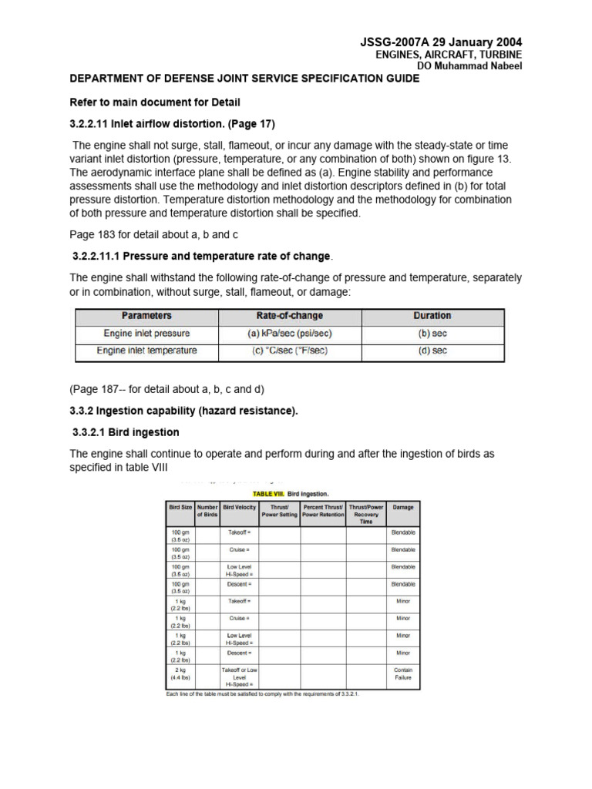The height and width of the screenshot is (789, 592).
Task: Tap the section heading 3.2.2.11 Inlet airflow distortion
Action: [x=173, y=124]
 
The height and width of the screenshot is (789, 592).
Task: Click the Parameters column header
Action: [x=146, y=316]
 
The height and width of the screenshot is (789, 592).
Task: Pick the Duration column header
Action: [x=432, y=316]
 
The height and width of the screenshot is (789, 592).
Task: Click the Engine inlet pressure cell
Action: [x=146, y=334]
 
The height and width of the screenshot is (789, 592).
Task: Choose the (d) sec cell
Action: [x=432, y=351]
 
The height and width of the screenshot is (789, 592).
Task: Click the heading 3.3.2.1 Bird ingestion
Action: [x=126, y=432]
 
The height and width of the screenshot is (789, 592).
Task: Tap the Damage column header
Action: [x=403, y=508]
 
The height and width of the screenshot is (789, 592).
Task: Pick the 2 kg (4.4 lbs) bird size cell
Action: [x=181, y=674]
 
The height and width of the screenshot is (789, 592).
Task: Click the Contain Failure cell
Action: [x=403, y=674]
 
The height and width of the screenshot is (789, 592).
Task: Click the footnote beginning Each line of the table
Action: [x=263, y=693]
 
